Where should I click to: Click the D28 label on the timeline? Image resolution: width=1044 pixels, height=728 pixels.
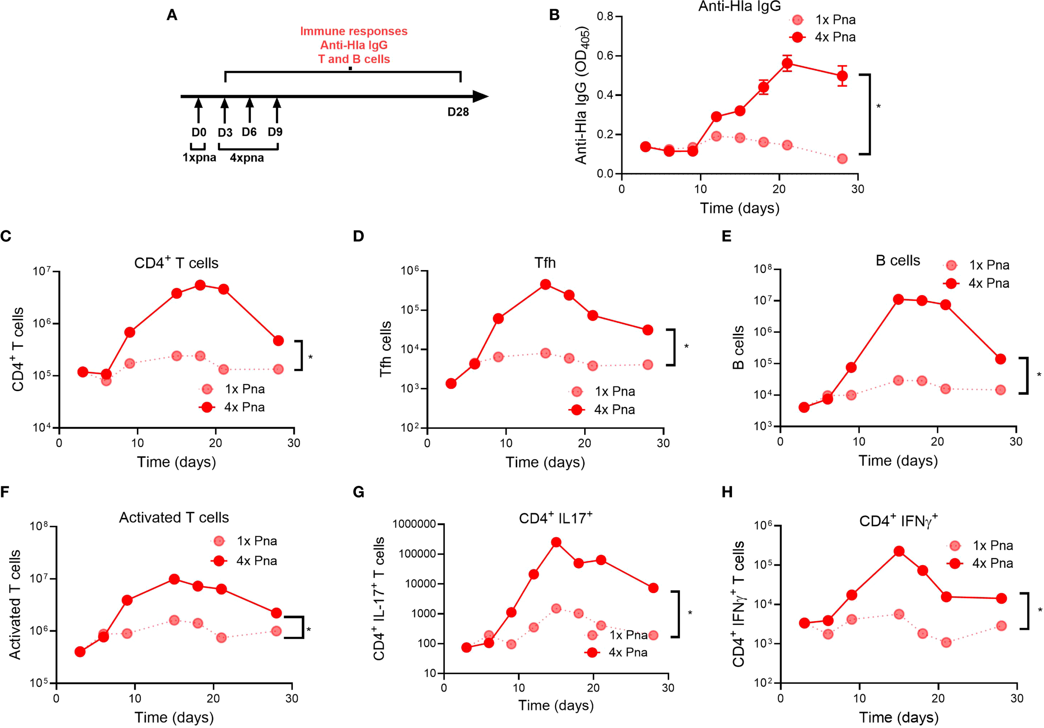[458, 112]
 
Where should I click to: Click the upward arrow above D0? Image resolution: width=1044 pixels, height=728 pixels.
[198, 109]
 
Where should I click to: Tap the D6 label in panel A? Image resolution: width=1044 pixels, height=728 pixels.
[249, 132]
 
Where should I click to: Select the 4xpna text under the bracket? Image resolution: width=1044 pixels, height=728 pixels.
[246, 158]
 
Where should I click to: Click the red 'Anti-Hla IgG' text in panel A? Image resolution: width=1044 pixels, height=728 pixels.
[354, 45]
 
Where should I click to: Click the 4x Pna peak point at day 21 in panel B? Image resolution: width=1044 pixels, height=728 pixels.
[788, 63]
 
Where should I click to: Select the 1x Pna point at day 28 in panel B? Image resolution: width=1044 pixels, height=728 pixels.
[842, 159]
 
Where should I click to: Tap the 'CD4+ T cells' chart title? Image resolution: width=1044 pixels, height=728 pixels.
[176, 263]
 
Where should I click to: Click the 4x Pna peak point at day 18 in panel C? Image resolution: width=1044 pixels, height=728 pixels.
[200, 285]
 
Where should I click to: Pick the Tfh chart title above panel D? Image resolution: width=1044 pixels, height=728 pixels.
[545, 263]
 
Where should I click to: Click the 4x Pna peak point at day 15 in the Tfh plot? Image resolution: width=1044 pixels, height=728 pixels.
[546, 284]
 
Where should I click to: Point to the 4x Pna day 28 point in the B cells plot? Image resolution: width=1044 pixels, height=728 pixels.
[1000, 359]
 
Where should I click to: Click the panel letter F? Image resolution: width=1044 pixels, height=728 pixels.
[5, 492]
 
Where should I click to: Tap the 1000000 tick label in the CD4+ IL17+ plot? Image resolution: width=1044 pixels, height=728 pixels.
[414, 524]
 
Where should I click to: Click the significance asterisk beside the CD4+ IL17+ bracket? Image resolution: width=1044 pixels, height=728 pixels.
[690, 614]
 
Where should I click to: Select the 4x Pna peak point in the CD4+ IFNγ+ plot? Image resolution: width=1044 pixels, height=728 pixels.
[899, 551]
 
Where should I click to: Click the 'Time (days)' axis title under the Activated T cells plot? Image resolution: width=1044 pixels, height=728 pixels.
[174, 717]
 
